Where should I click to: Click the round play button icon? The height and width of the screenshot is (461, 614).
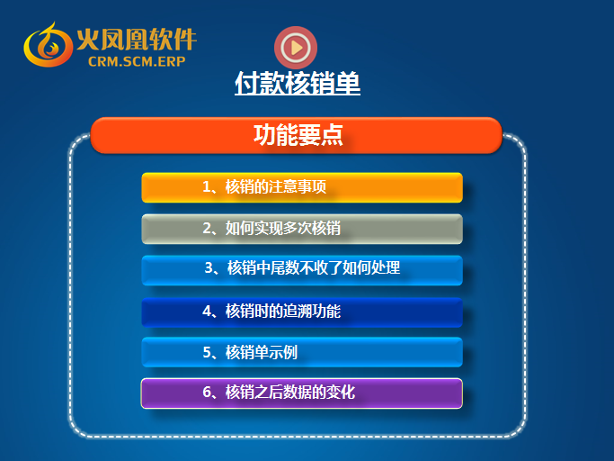(x=296, y=48)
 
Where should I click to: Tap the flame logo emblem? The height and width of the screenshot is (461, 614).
(x=48, y=45)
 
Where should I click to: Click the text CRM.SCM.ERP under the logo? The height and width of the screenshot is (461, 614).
(x=137, y=61)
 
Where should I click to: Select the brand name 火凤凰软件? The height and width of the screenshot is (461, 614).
(x=137, y=40)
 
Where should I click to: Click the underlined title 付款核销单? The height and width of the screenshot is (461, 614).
(x=298, y=83)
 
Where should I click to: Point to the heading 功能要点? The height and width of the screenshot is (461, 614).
(x=298, y=135)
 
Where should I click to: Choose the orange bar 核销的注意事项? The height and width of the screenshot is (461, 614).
(x=302, y=187)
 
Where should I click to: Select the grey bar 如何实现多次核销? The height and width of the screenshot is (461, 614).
(x=302, y=229)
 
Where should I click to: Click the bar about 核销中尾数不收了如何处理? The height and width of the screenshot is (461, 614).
(x=302, y=270)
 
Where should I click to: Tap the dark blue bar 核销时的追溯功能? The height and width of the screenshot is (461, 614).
(x=302, y=312)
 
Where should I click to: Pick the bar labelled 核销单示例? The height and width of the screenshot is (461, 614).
(x=302, y=352)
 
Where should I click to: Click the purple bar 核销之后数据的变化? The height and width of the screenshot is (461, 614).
(x=302, y=393)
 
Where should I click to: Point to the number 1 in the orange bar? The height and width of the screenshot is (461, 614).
(x=207, y=186)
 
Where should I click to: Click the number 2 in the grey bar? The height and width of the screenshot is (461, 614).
(x=207, y=229)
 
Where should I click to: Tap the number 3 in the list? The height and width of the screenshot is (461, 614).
(x=209, y=268)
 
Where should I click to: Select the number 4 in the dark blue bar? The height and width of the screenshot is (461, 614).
(x=207, y=312)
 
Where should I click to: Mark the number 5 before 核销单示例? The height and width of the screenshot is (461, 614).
(x=207, y=352)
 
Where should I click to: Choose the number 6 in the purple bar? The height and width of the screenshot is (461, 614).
(x=207, y=392)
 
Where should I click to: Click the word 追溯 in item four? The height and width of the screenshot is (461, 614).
(x=298, y=312)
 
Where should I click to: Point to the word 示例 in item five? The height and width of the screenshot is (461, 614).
(x=283, y=352)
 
